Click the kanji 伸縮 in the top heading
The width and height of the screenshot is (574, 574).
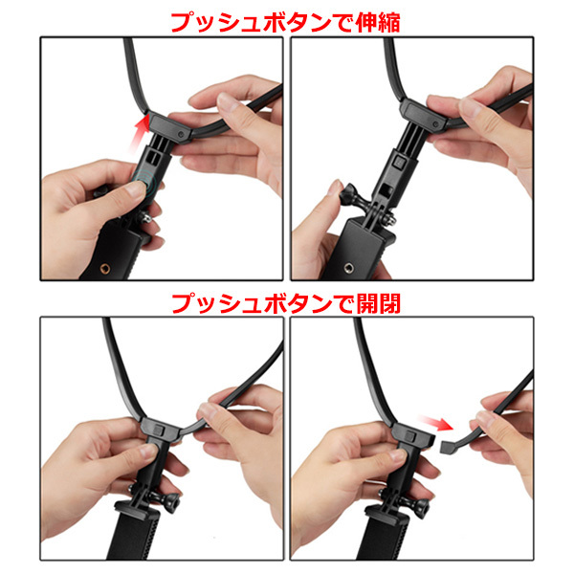378,23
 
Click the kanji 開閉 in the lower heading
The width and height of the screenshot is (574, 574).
379,304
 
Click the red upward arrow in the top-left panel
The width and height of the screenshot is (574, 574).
141,133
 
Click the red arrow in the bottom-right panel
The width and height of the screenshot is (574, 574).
435,423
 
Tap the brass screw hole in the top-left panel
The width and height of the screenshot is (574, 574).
104,269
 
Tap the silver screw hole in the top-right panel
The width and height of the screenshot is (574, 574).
348,268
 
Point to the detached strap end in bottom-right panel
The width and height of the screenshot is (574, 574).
448,446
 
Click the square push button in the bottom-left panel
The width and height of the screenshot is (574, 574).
159,430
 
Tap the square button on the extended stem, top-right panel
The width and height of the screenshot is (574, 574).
399,161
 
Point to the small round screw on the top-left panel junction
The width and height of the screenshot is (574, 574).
181,134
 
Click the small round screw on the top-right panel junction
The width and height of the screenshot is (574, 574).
435,124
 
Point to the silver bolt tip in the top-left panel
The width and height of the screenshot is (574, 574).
146,218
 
